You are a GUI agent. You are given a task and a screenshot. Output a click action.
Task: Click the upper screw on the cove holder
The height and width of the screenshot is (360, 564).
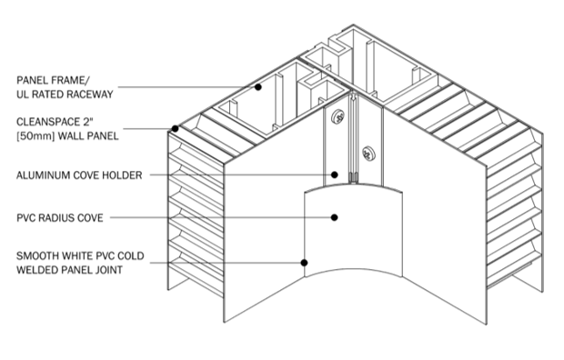(337, 116)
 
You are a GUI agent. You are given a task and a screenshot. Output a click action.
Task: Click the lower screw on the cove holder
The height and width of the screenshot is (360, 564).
(368, 154)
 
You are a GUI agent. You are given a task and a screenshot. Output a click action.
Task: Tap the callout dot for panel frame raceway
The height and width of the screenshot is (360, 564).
(258, 87)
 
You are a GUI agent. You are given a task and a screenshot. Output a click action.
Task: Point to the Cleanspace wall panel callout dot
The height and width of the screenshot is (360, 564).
(175, 128)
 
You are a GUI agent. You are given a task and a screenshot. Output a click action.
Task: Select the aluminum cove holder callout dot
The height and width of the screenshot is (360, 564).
(335, 175)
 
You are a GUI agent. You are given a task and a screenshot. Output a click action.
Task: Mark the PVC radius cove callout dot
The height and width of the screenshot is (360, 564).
(335, 217)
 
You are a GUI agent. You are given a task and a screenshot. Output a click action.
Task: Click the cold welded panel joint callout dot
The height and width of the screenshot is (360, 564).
(304, 263)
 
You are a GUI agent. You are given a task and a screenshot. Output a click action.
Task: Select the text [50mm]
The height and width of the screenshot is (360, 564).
(35, 136)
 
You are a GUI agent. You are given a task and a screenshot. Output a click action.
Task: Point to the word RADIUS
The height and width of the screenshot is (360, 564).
(60, 218)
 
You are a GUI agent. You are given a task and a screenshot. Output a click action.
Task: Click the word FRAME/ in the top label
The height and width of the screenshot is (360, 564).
(71, 80)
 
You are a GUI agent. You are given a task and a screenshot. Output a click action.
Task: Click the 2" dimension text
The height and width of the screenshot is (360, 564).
(89, 122)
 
